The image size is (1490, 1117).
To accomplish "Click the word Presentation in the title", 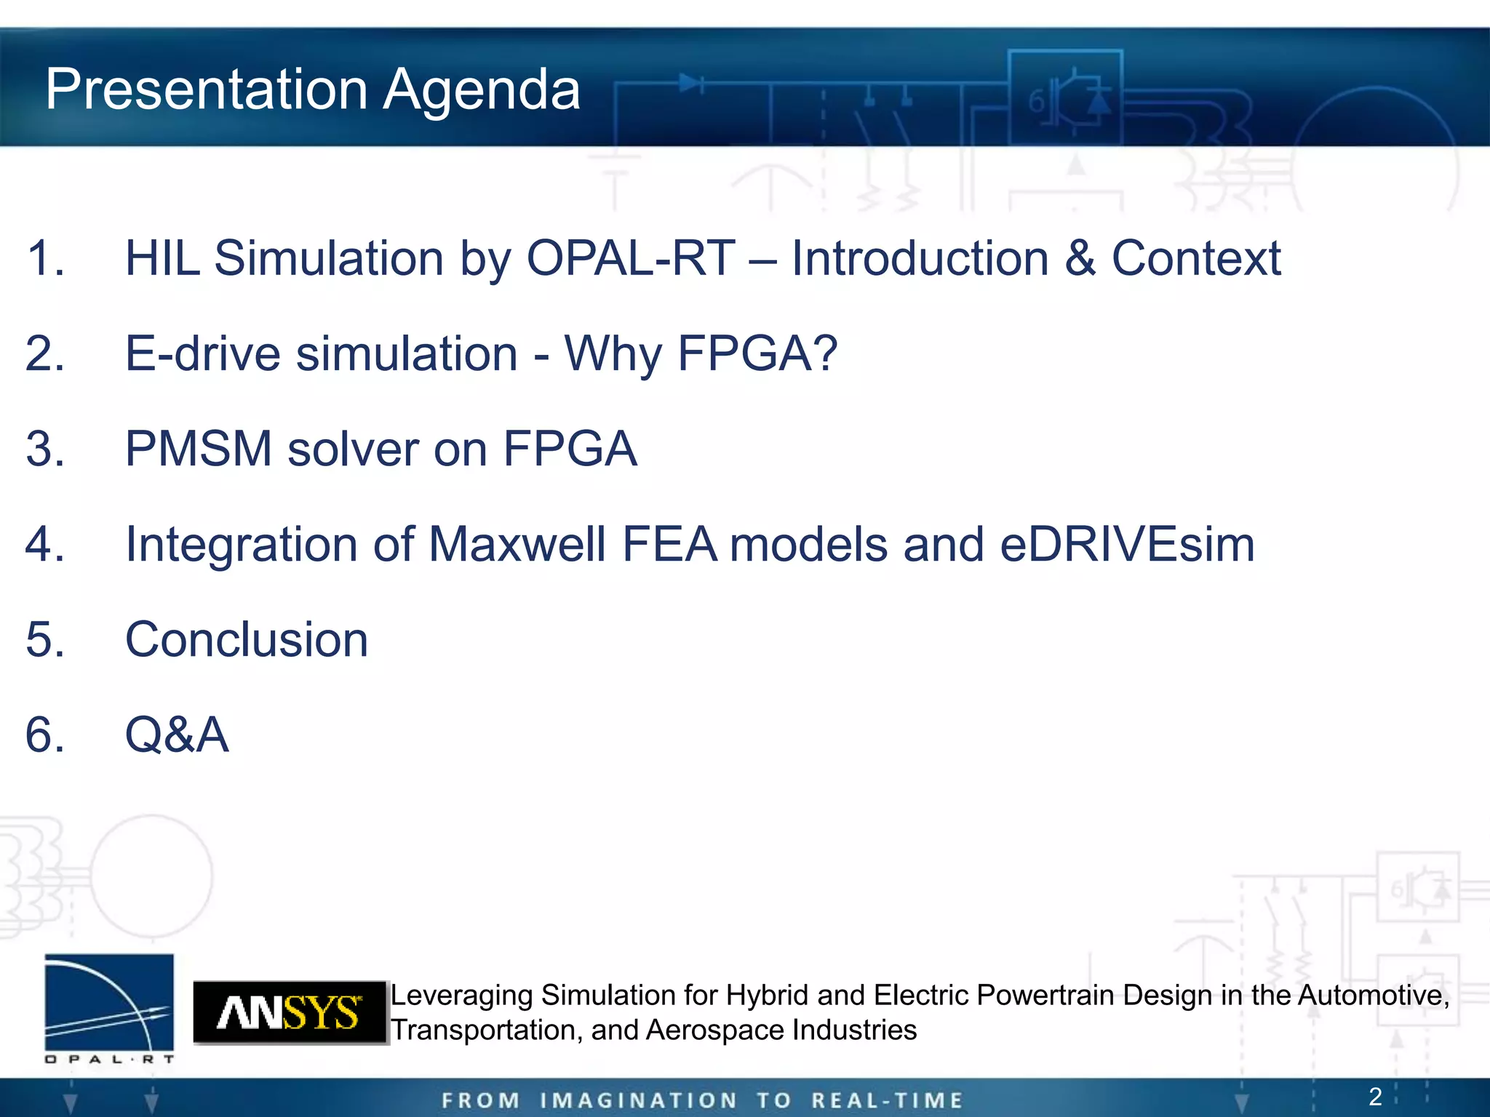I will click(x=206, y=89).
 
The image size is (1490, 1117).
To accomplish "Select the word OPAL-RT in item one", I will click(x=631, y=258).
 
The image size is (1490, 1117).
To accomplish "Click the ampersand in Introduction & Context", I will click(x=1080, y=258).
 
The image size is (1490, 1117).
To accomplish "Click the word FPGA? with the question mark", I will click(x=757, y=353).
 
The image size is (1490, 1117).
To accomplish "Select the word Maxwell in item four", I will click(x=517, y=544).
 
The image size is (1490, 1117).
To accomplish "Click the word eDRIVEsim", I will click(x=1127, y=544).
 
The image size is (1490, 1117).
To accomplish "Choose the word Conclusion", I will click(x=247, y=640).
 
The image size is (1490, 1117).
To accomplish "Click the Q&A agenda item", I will click(x=177, y=734).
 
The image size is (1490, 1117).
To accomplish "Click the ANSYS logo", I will click(x=290, y=1012).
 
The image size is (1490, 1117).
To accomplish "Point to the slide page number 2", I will click(x=1374, y=1096).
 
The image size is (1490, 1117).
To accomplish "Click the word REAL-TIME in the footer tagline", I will click(x=887, y=1100).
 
